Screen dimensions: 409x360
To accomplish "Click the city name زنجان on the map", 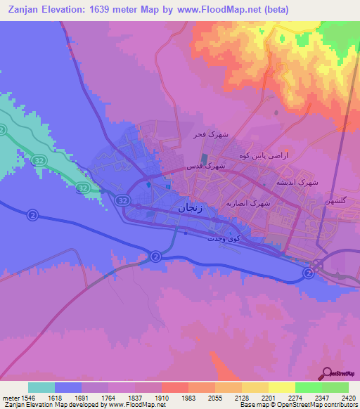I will pos(193,208).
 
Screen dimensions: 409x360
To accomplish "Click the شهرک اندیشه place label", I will pos(300,181).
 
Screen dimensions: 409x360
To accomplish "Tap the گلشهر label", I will pos(337,201).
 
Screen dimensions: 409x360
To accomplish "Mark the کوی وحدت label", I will pos(224,238).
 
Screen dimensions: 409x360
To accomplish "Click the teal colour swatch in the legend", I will pos(41,387).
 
